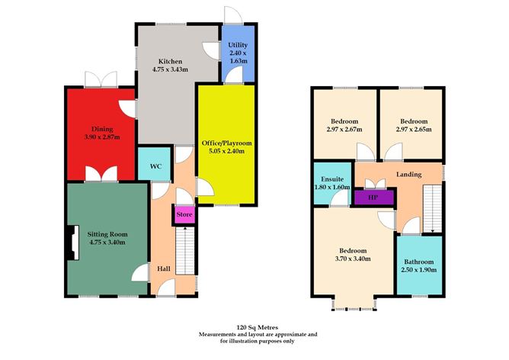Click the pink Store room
pyautogui.click(x=184, y=215)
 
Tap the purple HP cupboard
pyautogui.click(x=373, y=197)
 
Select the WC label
pyautogui.click(x=155, y=166)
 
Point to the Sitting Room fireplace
pyautogui.click(x=72, y=243)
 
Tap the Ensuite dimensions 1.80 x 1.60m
pyautogui.click(x=331, y=186)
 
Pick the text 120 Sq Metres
pyautogui.click(x=258, y=323)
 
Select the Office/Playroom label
pyautogui.click(x=226, y=143)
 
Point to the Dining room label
pyautogui.click(x=102, y=129)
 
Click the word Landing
pyautogui.click(x=408, y=174)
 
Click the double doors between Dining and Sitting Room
pyautogui.click(x=98, y=177)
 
